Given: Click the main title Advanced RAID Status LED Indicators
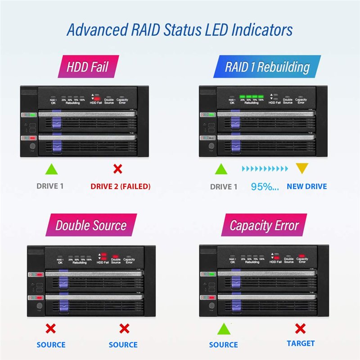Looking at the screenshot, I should (x=180, y=30).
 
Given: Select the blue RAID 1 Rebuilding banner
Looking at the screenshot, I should (x=267, y=67).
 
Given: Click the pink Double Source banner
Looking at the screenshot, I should (x=91, y=225).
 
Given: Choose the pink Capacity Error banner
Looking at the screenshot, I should (x=264, y=225).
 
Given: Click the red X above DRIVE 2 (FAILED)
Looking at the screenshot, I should (x=117, y=169).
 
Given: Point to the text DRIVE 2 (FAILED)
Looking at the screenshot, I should (x=121, y=186).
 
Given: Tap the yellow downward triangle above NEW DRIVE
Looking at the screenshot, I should (x=301, y=169).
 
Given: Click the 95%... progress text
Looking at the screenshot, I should (x=265, y=186).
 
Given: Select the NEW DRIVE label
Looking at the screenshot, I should (x=307, y=186).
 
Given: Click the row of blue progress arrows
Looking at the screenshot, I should (x=265, y=169).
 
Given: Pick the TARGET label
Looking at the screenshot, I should (x=301, y=343).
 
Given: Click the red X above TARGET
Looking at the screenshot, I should (x=300, y=328).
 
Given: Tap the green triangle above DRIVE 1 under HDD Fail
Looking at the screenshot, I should (x=52, y=169).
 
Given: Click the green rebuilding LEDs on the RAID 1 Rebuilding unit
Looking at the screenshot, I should (x=252, y=96).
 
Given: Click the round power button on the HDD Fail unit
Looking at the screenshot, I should (x=31, y=147).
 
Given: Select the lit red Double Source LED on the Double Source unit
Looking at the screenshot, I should (x=116, y=255).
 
